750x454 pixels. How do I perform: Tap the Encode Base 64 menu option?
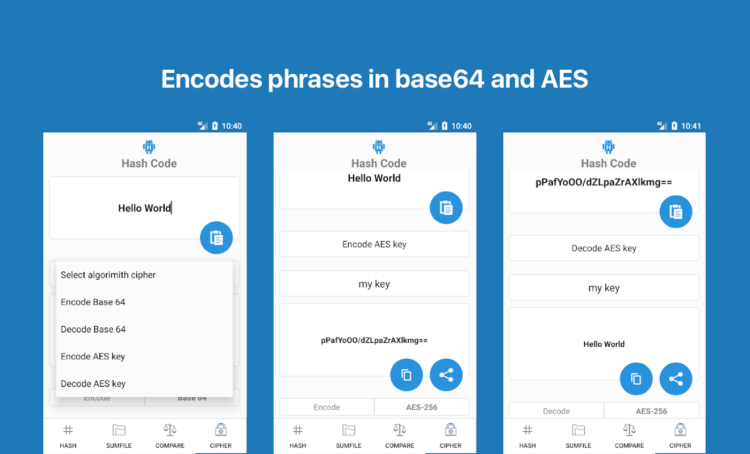pos(93,302)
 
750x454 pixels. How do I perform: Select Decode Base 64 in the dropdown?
pos(93,329)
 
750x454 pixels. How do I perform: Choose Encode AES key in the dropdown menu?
pos(93,356)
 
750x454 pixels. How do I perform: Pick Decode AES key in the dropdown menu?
pos(93,384)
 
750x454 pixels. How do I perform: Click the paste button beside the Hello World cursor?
pos(216,238)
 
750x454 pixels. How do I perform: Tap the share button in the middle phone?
pos(446,375)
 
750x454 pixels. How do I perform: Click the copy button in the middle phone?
pos(407,375)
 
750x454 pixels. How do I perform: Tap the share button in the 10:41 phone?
pos(676,379)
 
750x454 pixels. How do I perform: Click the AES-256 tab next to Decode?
pos(651,411)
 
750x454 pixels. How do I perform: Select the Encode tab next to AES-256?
pos(327,407)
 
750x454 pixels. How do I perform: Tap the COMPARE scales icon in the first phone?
pos(170,430)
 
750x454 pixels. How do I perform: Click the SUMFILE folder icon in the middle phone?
pos(349,430)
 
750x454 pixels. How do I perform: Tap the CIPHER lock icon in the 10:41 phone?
pos(680,430)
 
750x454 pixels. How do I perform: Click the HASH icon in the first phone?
pos(68,430)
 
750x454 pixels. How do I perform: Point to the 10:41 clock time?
pos(691,126)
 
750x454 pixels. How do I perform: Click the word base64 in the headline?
pos(439,79)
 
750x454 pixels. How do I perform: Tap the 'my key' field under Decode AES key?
pos(604,288)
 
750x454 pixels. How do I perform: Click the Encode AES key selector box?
pos(374,244)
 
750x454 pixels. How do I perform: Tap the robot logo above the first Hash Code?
pos(149,146)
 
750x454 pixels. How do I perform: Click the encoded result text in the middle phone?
pos(374,340)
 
